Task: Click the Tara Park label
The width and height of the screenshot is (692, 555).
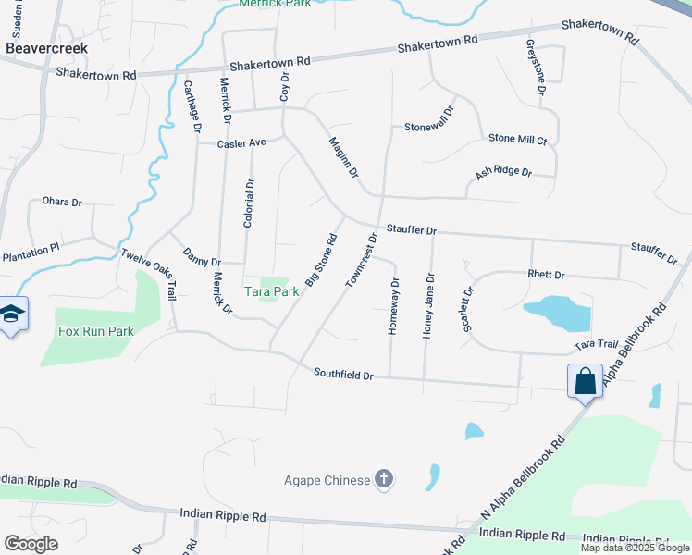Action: tap(271, 290)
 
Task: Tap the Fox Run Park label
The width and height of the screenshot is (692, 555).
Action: tap(96, 331)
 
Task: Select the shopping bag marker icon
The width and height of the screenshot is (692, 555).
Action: tap(586, 381)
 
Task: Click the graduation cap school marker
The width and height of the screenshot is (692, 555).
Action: tap(12, 314)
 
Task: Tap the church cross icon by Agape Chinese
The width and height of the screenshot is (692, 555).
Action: tap(384, 479)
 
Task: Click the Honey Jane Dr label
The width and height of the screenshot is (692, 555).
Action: tap(427, 305)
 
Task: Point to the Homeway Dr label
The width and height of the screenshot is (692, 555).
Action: tap(395, 307)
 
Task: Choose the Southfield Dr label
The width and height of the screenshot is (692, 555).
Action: tap(342, 375)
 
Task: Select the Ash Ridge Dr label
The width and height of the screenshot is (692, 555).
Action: tap(503, 172)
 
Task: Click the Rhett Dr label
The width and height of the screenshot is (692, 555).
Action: tap(546, 275)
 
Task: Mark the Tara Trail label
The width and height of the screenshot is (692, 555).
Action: tap(595, 344)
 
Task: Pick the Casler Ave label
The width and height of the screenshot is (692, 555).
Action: tap(241, 143)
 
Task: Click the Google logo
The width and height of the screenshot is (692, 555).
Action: tap(31, 543)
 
